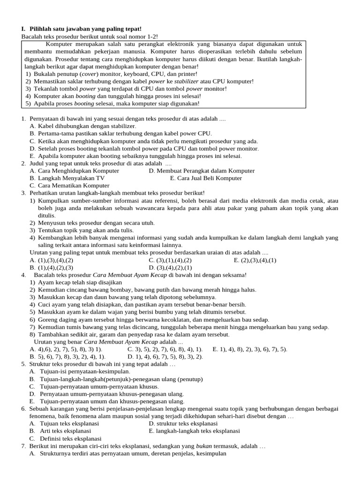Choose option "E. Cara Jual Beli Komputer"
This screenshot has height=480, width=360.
point(206,178)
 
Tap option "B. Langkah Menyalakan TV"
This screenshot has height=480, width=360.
point(67,178)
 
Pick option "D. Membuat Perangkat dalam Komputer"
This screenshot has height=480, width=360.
point(202,171)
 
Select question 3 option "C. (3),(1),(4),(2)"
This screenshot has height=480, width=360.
point(170,260)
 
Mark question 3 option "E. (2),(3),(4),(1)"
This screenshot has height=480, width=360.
point(255,260)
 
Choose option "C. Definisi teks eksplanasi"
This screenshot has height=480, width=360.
point(65,438)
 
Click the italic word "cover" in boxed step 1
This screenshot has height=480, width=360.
point(89,74)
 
